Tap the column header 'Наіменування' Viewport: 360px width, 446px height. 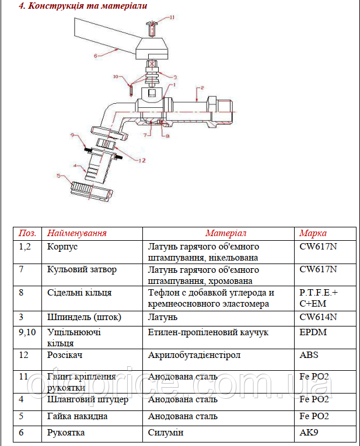tap(77, 233)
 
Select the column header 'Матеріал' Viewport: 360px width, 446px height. tap(226, 233)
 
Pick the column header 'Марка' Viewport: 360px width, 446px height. tap(313, 233)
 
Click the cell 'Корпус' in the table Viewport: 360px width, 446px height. tap(62, 247)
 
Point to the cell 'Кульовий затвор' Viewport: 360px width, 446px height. tap(82, 270)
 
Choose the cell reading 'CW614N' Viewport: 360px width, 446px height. tap(318, 318)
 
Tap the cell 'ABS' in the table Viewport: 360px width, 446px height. tap(309, 355)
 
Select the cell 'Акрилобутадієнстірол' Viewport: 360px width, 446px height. tap(194, 355)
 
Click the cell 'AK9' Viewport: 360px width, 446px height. tap(309, 433)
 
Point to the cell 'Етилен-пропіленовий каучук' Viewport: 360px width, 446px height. tap(208, 332)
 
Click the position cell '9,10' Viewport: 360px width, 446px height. tap(27, 332)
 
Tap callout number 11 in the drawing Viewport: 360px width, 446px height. tap(172, 17)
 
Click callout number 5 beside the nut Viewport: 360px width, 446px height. tap(58, 175)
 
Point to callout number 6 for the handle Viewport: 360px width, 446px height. tap(95, 56)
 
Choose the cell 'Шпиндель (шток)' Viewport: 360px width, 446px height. tap(84, 318)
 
